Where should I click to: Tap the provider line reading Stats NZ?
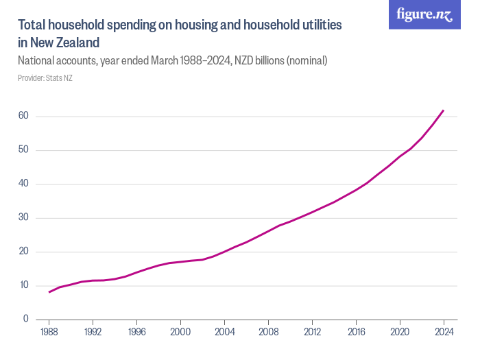pos(45,78)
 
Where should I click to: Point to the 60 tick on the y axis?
pos(23,116)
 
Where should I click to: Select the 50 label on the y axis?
pos(23,150)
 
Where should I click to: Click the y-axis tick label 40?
pos(23,184)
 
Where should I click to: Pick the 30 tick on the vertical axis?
pos(23,218)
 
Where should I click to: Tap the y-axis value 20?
pos(23,252)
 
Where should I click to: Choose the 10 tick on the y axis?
pos(23,285)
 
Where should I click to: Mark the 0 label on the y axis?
pos(25,319)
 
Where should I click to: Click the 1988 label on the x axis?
pos(49,331)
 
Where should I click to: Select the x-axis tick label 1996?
pos(137,331)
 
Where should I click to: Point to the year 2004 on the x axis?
pos(225,331)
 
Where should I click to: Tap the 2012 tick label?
pos(313,331)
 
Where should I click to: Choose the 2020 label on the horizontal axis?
pos(400,331)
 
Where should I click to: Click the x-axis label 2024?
pos(444,331)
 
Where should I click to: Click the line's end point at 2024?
pos(444,110)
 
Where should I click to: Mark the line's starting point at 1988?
pos(49,292)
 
